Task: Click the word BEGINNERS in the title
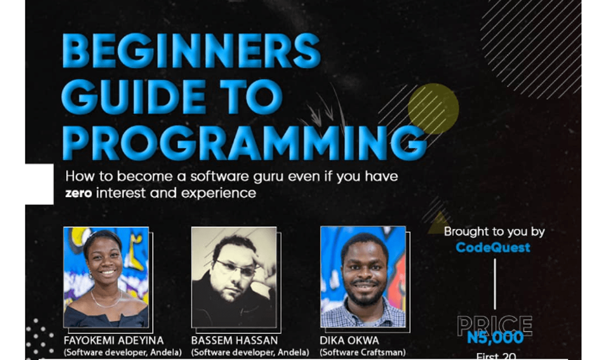pyautogui.click(x=191, y=52)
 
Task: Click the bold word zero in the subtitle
pyautogui.click(x=79, y=193)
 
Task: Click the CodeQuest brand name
pyautogui.click(x=493, y=247)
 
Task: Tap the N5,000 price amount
pyautogui.click(x=495, y=337)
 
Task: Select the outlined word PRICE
pyautogui.click(x=494, y=325)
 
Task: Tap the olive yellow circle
pyautogui.click(x=433, y=109)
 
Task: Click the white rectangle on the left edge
pyautogui.click(x=39, y=184)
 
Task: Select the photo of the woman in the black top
pyautogui.click(x=106, y=277)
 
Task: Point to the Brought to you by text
pyautogui.click(x=494, y=232)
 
